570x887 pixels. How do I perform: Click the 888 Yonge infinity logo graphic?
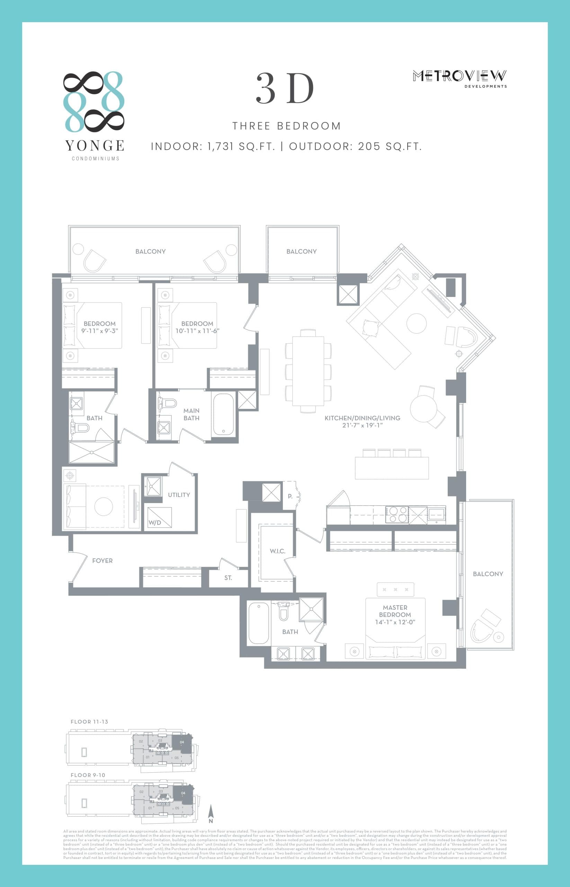[93, 102]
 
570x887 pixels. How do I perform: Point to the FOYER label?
[102, 561]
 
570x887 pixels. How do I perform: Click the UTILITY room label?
[179, 495]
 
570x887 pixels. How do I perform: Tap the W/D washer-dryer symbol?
[159, 517]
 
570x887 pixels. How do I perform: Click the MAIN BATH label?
[192, 414]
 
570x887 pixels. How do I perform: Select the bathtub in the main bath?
[223, 415]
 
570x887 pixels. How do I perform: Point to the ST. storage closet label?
[228, 578]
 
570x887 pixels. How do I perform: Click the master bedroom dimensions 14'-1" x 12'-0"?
[395, 622]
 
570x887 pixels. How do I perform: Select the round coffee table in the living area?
[416, 323]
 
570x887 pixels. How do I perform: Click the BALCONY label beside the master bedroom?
[488, 574]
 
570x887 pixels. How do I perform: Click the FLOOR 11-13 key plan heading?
[89, 721]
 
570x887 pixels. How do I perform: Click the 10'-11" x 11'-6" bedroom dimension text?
[197, 331]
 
